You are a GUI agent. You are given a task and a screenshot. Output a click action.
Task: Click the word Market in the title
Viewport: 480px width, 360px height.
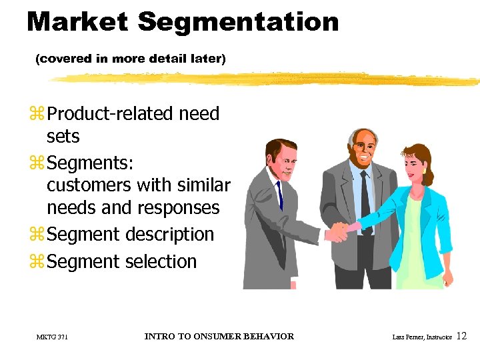pos(77,22)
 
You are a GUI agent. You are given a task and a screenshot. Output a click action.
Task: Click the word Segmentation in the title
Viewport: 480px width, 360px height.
pos(238,23)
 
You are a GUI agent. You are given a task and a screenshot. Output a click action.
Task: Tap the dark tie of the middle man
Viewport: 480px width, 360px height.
pos(364,193)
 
